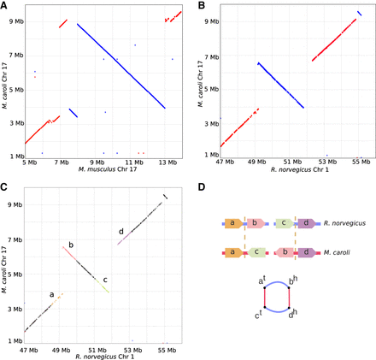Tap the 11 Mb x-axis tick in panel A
coord(132,161)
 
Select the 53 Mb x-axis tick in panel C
coord(131,349)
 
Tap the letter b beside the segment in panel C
coord(70,245)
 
